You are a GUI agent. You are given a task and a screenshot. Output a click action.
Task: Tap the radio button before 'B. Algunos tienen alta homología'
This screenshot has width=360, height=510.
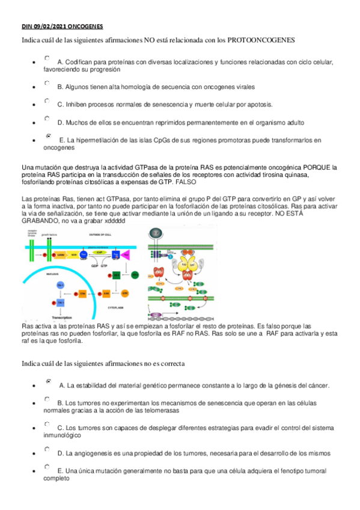point(47,84)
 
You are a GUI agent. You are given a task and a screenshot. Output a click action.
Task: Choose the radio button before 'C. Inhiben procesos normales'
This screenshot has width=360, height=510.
point(47,101)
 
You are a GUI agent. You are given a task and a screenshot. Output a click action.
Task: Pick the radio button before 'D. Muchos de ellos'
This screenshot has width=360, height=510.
point(47,119)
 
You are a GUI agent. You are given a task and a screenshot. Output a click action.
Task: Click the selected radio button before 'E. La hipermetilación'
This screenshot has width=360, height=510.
point(48,137)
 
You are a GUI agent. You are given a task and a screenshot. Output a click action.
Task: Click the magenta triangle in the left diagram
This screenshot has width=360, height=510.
point(126,255)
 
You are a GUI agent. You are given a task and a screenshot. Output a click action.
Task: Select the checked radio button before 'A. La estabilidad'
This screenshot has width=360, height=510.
point(48,381)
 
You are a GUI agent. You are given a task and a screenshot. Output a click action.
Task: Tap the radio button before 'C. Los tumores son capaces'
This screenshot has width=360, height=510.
point(47,424)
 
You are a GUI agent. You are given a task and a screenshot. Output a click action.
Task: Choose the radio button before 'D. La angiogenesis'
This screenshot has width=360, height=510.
point(47,449)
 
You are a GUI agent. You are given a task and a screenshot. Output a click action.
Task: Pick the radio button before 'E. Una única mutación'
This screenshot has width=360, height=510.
point(47,466)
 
